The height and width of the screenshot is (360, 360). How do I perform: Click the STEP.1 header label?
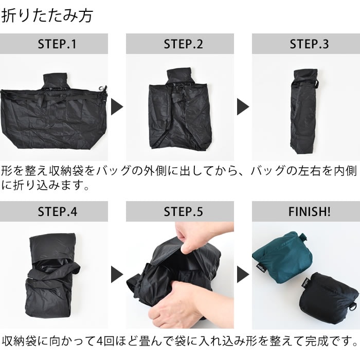click(57, 44)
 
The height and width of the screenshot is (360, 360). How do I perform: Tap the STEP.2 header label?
click(183, 44)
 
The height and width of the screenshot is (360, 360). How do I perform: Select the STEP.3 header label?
click(309, 44)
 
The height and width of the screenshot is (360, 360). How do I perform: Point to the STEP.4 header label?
click(58, 211)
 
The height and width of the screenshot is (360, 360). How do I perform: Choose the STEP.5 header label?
click(183, 211)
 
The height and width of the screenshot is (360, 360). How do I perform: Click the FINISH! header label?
click(309, 211)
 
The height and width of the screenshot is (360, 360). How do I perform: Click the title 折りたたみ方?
click(47, 15)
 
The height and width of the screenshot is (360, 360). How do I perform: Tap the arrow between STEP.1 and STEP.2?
click(117, 107)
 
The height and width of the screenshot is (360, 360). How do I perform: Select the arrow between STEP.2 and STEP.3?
click(243, 107)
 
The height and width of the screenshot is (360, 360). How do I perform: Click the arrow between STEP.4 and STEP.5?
click(117, 274)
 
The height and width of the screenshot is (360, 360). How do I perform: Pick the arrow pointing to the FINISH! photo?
click(243, 274)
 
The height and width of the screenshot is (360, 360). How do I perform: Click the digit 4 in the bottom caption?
click(99, 341)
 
